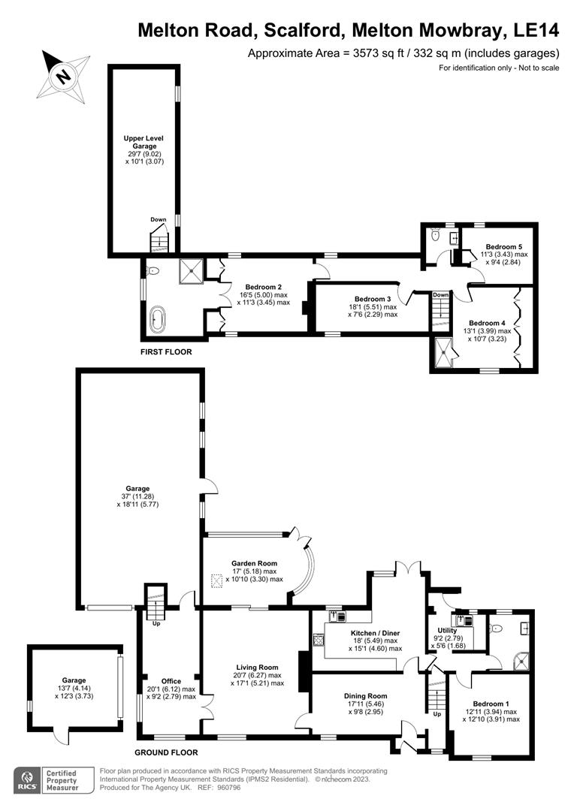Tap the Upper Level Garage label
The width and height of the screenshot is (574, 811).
click(x=143, y=143)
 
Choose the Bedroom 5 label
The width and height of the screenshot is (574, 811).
click(x=503, y=246)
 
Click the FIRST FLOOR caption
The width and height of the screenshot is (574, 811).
click(x=166, y=351)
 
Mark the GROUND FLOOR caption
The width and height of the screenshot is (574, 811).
click(x=167, y=752)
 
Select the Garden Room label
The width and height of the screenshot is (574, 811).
click(x=254, y=563)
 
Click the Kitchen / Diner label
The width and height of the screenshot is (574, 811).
click(x=373, y=632)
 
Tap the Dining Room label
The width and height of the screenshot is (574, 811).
click(x=366, y=695)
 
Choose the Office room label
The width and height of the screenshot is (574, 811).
click(x=171, y=681)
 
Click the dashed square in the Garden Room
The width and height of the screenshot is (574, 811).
click(x=217, y=580)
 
